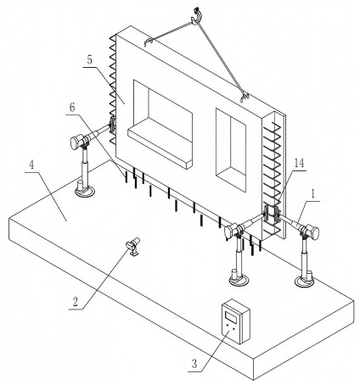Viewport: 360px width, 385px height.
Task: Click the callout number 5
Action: pyautogui.click(x=89, y=60)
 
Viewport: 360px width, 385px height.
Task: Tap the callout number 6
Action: pyautogui.click(x=72, y=108)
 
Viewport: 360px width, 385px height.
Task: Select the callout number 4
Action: pyautogui.click(x=31, y=165)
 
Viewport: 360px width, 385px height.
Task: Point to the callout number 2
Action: pyautogui.click(x=76, y=302)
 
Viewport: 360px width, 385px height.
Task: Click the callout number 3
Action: pyautogui.click(x=194, y=363)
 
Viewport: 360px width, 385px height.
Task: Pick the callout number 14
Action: pyautogui.click(x=299, y=163)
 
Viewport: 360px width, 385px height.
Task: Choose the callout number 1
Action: pyautogui.click(x=313, y=194)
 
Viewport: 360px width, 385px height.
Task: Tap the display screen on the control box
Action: pyautogui.click(x=231, y=315)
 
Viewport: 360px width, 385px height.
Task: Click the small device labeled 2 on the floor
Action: pyautogui.click(x=132, y=246)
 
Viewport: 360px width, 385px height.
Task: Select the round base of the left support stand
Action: pyautogui.click(x=85, y=192)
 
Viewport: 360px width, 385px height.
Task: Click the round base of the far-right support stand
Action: pyautogui.click(x=304, y=282)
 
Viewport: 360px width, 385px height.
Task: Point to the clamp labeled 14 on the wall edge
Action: pyautogui.click(x=271, y=215)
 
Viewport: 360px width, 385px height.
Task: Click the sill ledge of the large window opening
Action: pyautogui.click(x=160, y=148)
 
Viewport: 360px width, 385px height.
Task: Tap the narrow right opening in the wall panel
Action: pyautogui.click(x=231, y=150)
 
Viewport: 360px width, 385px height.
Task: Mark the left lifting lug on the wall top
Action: pyautogui.click(x=149, y=42)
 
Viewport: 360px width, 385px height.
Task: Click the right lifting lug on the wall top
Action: pyautogui.click(x=245, y=98)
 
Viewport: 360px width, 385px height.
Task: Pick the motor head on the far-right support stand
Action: pyautogui.click(x=312, y=232)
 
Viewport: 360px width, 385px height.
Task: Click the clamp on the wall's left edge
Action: pyautogui.click(x=112, y=125)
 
